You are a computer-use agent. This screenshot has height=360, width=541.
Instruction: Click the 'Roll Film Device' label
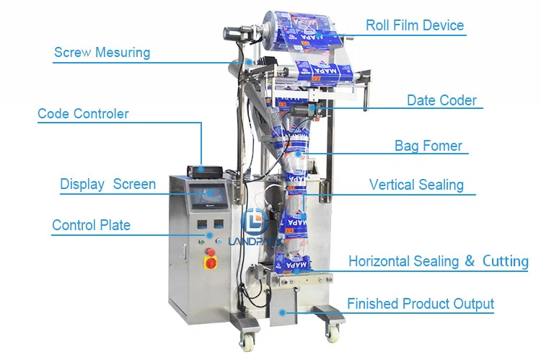pyautogui.click(x=415, y=25)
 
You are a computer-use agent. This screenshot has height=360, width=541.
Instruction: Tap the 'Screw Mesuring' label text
pyautogui.click(x=102, y=53)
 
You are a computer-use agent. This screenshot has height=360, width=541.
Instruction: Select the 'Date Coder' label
pyautogui.click(x=441, y=100)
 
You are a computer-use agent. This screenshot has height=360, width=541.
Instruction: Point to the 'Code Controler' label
pyautogui.click(x=83, y=113)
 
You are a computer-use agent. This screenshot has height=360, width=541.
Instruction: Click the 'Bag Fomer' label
pyautogui.click(x=428, y=146)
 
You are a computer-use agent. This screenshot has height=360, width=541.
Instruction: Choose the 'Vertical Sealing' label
pyautogui.click(x=416, y=185)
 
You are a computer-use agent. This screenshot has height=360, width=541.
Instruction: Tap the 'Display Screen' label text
pyautogui.click(x=107, y=184)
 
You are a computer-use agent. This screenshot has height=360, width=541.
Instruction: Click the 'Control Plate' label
pyautogui.click(x=92, y=225)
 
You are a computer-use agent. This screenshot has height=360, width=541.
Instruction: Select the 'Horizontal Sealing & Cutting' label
pyautogui.click(x=439, y=261)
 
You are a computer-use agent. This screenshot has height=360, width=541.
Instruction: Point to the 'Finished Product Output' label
pyautogui.click(x=421, y=304)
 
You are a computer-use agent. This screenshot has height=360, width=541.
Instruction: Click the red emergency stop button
pyautogui.click(x=211, y=263)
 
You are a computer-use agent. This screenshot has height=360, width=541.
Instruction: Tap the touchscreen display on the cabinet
pyautogui.click(x=209, y=196)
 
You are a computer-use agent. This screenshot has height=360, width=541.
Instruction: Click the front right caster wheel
pyautogui.click(x=333, y=333)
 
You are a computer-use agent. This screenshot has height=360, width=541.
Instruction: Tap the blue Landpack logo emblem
pyautogui.click(x=255, y=221)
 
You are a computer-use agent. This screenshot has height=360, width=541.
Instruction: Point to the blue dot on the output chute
pyautogui.click(x=282, y=313)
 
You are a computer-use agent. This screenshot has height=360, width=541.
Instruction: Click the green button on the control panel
pyautogui.click(x=202, y=242)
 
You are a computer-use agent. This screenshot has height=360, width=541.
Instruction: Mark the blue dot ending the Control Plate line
pyautogui.click(x=209, y=235)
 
